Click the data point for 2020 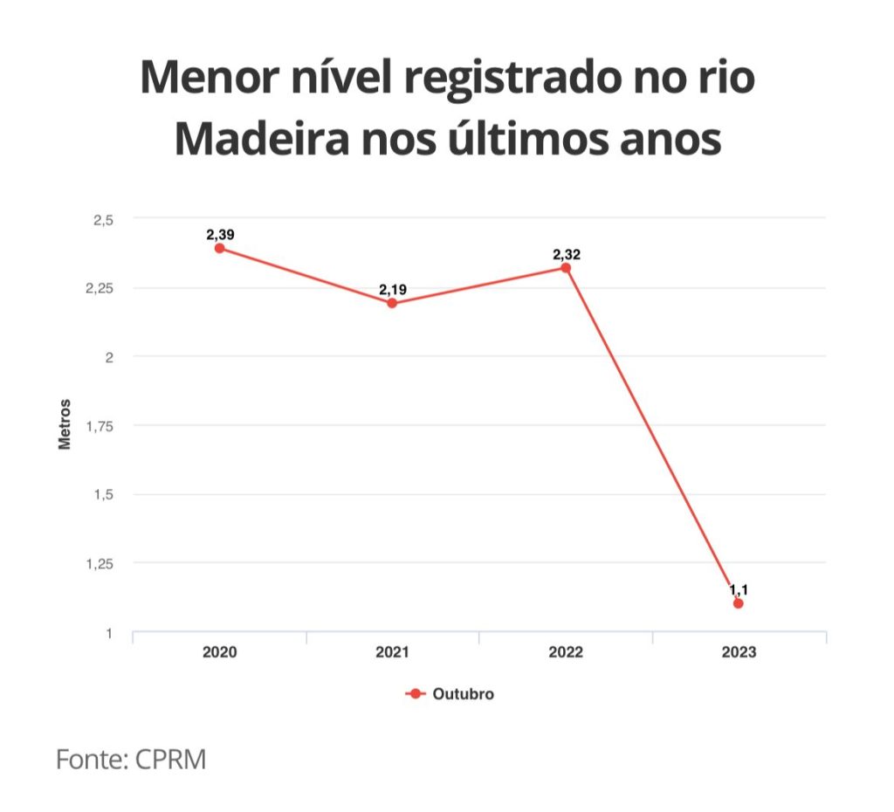(x=220, y=248)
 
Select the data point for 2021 (x=392, y=303)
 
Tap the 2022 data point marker (x=566, y=268)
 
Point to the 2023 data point (x=739, y=603)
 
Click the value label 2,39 (x=220, y=234)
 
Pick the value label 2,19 (x=393, y=289)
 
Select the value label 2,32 (x=566, y=254)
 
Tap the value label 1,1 (x=739, y=590)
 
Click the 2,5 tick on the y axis (x=103, y=219)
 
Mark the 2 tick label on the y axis (x=109, y=357)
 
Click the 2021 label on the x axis (x=393, y=652)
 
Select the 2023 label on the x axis (x=739, y=652)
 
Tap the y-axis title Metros (x=64, y=424)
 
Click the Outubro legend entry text (x=464, y=694)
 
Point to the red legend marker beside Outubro (x=416, y=694)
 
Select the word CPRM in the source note (x=170, y=759)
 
